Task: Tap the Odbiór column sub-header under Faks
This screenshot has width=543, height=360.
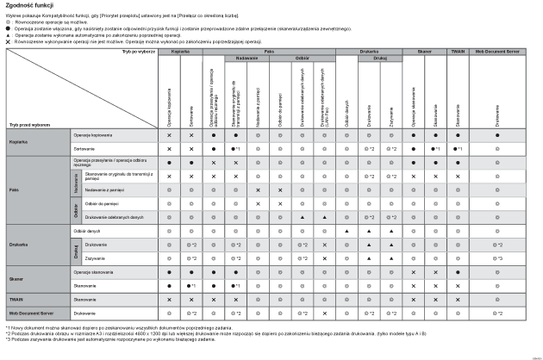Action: click(302, 59)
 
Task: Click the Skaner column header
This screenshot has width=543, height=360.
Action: click(424, 53)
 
